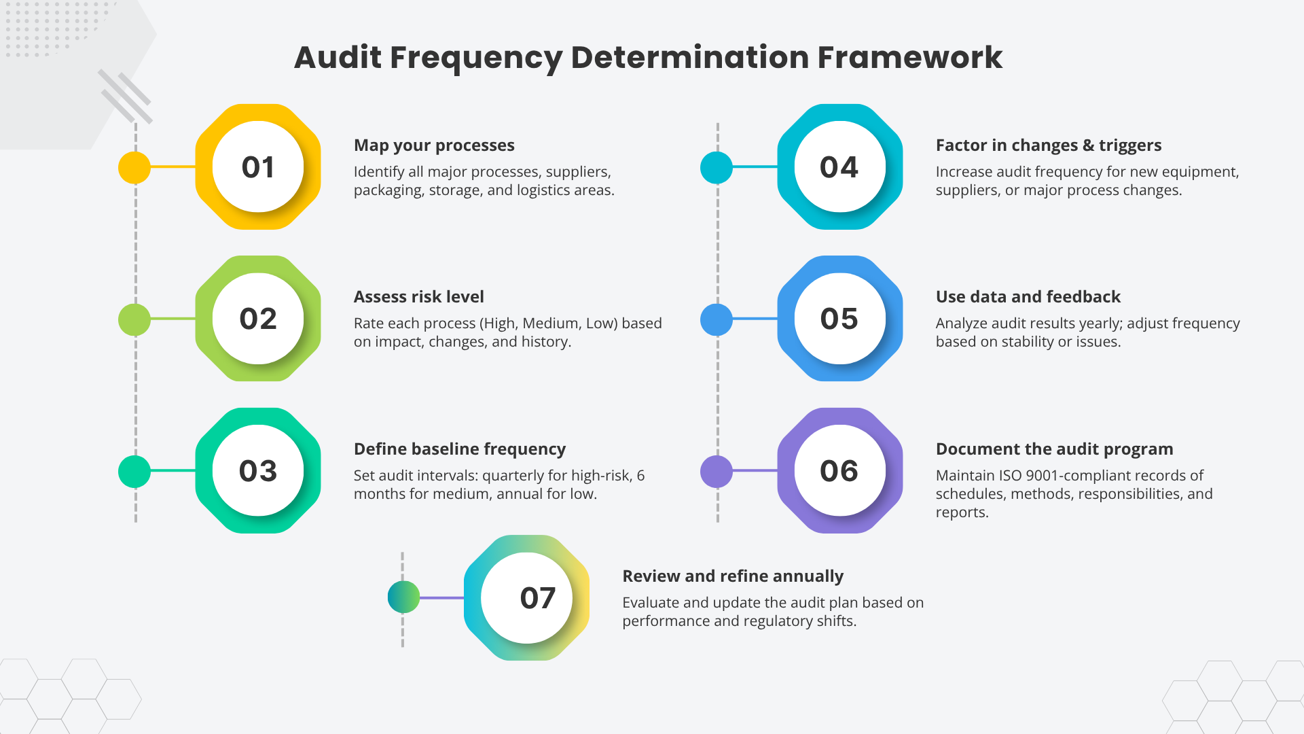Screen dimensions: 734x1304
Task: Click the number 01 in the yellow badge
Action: [x=258, y=167]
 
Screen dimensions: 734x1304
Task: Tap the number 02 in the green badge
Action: [x=258, y=319]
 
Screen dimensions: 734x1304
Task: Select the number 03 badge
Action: [x=258, y=471]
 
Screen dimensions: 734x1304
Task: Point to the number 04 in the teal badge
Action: [x=839, y=167]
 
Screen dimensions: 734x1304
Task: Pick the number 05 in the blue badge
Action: [x=839, y=319]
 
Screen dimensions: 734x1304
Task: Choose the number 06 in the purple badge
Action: [x=839, y=471]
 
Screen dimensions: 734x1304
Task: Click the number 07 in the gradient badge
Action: [x=537, y=598]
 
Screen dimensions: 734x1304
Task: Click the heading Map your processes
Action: [x=434, y=145]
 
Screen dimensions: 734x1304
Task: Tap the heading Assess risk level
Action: [x=418, y=297]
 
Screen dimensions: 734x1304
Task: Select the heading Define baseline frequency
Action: [x=459, y=449]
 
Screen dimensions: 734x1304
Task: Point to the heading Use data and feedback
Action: [x=1028, y=297]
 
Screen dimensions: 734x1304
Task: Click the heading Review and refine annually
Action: [x=732, y=576]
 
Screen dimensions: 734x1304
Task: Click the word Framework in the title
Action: [x=909, y=58]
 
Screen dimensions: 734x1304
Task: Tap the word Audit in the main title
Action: [x=338, y=58]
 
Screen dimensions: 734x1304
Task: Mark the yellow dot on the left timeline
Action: [x=134, y=167]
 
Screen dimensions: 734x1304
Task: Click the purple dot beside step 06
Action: [x=717, y=471]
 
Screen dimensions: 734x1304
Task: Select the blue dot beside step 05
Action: [x=717, y=319]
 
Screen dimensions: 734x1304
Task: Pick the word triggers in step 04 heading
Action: [x=1130, y=145]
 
